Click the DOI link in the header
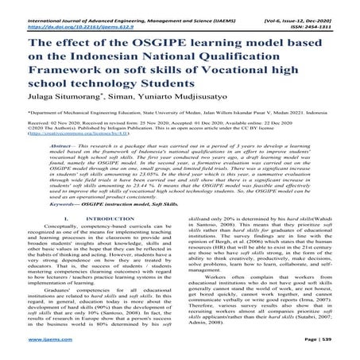coord(68,14)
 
